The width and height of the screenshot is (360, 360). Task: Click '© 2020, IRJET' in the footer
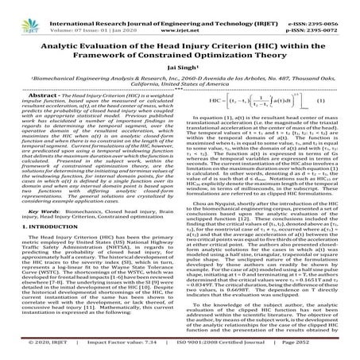point(29,350)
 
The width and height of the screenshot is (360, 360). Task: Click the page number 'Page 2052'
point(327,350)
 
